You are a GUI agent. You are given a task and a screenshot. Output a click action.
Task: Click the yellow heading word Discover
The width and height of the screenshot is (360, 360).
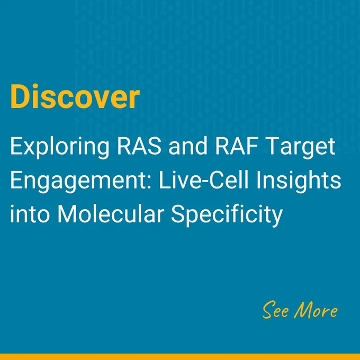(x=75, y=96)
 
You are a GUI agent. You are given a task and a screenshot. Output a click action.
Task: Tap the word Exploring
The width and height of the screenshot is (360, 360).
(x=60, y=147)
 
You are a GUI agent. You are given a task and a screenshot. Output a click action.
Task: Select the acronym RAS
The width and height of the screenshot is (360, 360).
(x=139, y=146)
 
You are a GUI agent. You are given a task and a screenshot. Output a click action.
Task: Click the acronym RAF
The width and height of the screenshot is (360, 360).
(x=236, y=146)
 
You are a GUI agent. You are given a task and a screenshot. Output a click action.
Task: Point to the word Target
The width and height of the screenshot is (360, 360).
(x=301, y=147)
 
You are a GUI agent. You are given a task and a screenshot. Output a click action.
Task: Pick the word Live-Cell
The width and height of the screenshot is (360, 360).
(x=204, y=180)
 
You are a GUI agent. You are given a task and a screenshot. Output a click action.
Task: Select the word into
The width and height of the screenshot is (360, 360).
(x=30, y=214)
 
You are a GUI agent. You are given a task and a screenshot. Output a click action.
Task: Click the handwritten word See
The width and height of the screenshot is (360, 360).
(x=275, y=310)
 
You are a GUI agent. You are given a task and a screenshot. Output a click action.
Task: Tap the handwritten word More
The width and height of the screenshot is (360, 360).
(x=316, y=310)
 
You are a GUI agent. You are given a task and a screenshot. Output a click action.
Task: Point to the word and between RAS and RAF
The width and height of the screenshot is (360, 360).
(x=188, y=146)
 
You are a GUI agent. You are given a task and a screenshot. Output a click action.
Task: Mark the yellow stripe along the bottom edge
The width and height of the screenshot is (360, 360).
(x=180, y=357)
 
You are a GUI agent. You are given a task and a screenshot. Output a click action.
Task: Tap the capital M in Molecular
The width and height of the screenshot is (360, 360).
(x=68, y=214)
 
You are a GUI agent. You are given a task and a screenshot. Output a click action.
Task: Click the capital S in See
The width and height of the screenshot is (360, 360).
(x=269, y=310)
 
